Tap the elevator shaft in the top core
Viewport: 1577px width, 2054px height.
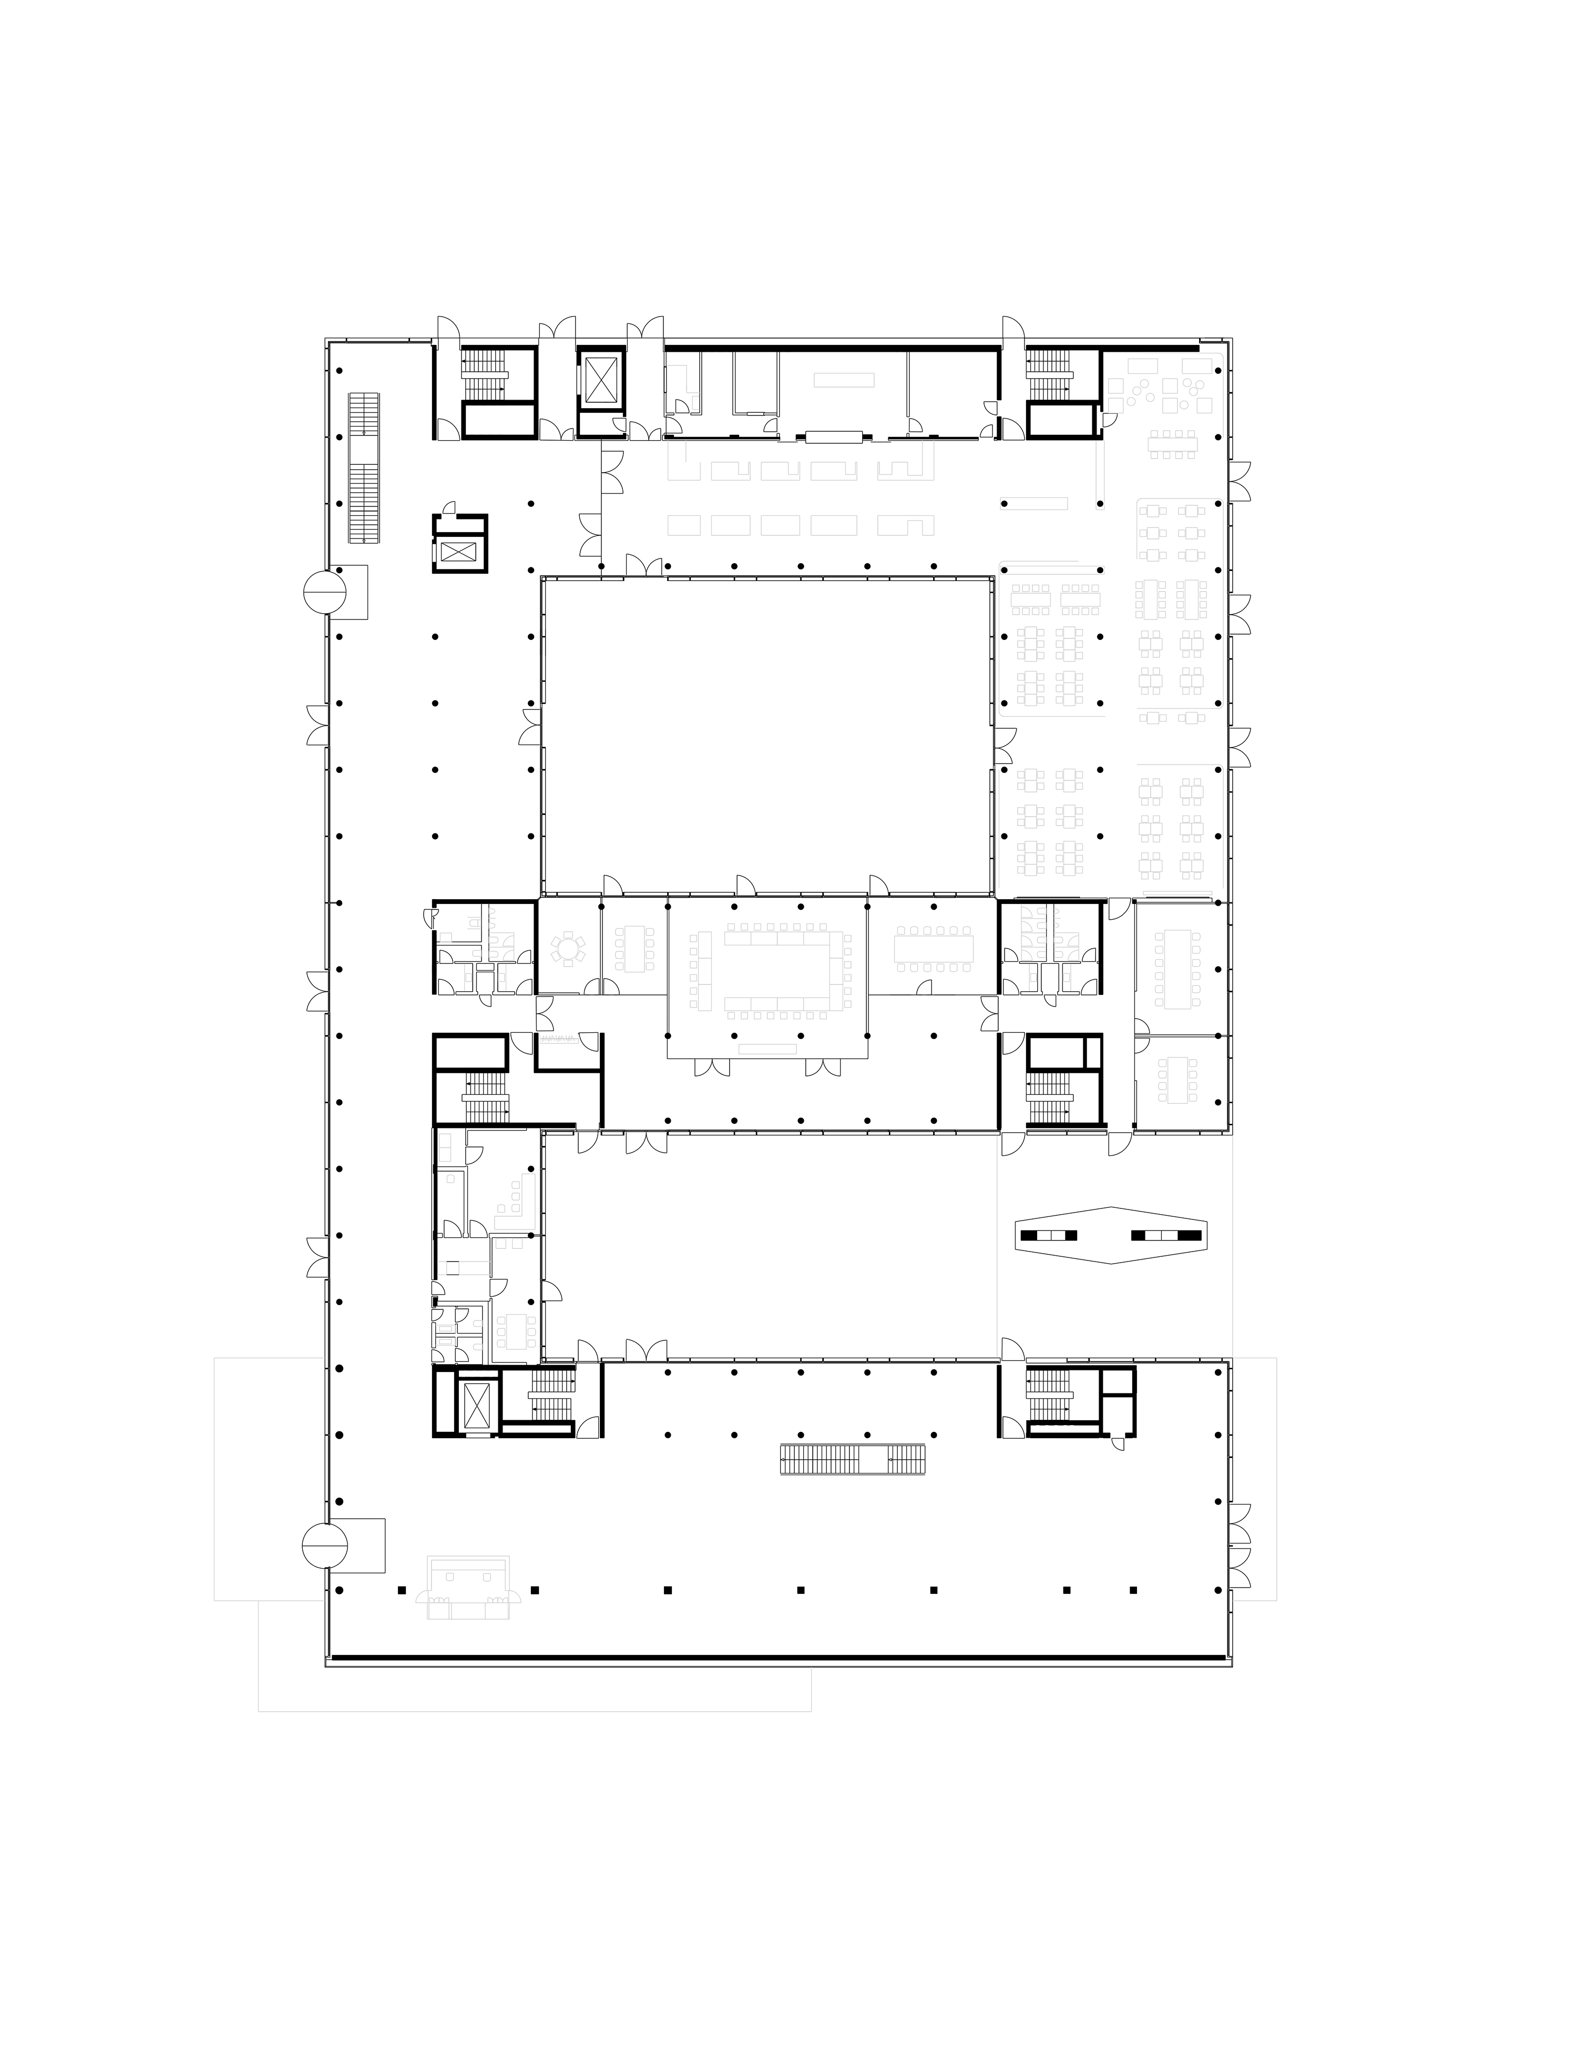(x=601, y=381)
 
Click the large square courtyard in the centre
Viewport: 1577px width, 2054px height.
(x=767, y=736)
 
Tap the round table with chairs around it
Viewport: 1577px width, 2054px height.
(x=568, y=950)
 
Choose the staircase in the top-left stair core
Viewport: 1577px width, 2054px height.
(x=484, y=374)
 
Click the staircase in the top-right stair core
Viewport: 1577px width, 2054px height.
(x=1049, y=374)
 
